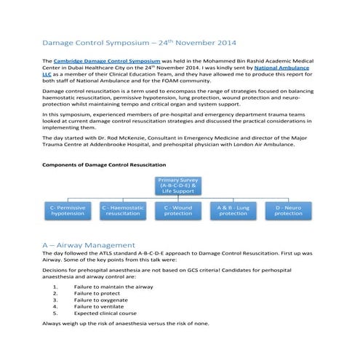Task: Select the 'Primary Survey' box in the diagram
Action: coord(178,185)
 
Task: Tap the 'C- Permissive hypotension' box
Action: coord(68,210)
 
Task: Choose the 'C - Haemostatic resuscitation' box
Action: coord(123,210)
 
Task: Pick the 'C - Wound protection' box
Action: coord(178,210)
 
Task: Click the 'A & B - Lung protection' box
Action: coord(233,210)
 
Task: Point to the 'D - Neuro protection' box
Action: coord(288,210)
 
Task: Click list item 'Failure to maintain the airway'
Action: coord(113,287)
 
